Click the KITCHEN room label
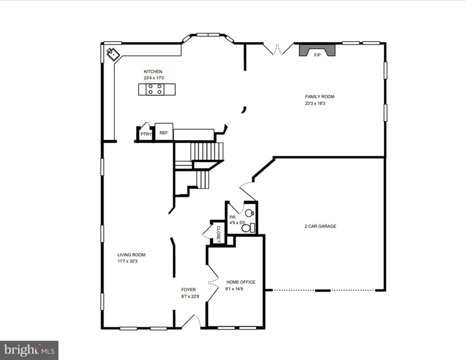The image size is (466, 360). click(x=153, y=72)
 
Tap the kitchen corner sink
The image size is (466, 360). click(x=113, y=54)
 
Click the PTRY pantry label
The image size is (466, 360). click(x=145, y=134)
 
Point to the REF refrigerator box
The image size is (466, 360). click(x=164, y=132)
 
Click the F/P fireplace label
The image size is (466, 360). click(x=317, y=55)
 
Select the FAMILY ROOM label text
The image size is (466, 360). click(x=319, y=97)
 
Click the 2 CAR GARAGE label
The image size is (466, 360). click(x=320, y=226)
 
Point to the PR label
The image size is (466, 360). click(x=232, y=217)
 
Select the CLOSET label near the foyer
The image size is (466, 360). click(x=218, y=234)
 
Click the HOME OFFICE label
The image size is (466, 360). click(x=241, y=282)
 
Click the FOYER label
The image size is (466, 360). click(x=189, y=289)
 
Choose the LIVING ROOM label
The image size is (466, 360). click(x=131, y=254)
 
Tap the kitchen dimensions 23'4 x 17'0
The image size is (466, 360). click(x=153, y=78)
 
